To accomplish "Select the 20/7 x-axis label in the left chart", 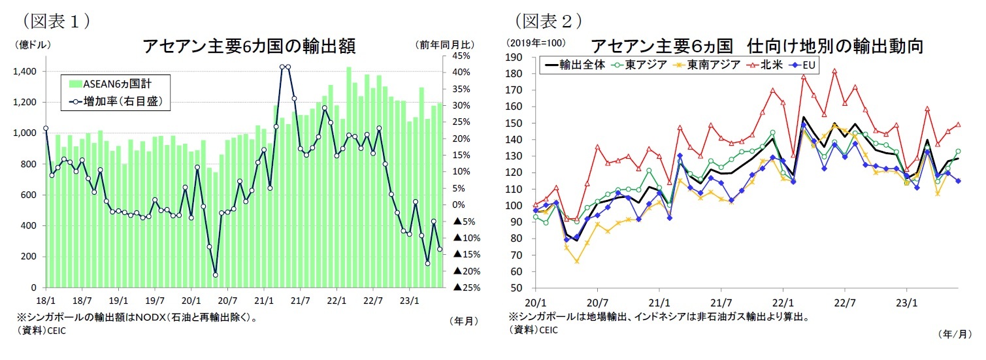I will [x=227, y=303].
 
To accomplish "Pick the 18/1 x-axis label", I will [x=46, y=303].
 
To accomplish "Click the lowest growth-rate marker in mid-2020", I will [x=215, y=274].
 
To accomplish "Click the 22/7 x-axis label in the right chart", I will [x=845, y=303].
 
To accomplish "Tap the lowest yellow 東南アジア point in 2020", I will [x=577, y=261].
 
